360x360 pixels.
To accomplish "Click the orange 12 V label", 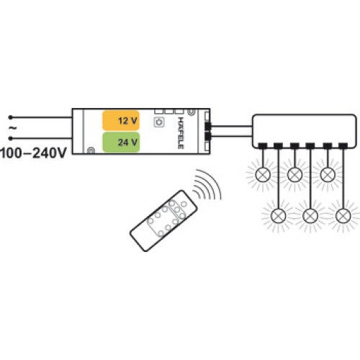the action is (x=121, y=120).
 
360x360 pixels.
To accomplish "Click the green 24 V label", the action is (x=121, y=142).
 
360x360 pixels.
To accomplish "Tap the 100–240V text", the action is (x=33, y=153).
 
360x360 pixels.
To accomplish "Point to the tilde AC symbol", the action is (x=12, y=128).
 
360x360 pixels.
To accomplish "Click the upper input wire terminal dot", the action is (x=10, y=117).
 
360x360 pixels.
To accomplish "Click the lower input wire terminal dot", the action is (x=10, y=138).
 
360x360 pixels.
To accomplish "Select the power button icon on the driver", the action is (x=158, y=122).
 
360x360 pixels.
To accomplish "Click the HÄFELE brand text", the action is (x=181, y=132).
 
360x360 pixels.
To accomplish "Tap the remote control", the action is (x=163, y=220).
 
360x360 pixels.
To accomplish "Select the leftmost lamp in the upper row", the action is (x=263, y=174).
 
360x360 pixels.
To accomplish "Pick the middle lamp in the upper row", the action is (x=294, y=174).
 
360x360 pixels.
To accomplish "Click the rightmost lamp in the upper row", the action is (x=328, y=174).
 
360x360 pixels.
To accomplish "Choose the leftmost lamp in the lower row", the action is (x=279, y=216).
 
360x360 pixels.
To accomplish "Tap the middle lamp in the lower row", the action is (x=310, y=216).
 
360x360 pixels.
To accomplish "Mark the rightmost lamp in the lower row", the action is (x=343, y=216).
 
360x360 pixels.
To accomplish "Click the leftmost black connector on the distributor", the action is (x=263, y=145).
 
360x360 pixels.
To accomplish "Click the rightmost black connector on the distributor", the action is (x=343, y=145).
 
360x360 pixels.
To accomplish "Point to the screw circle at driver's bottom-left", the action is (x=91, y=150).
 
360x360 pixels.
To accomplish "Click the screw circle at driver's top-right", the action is (x=191, y=112).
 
